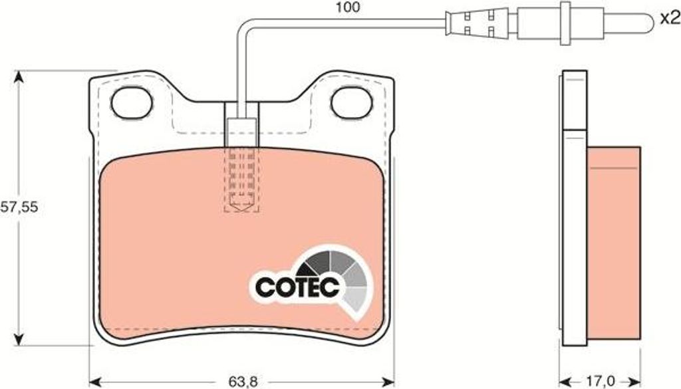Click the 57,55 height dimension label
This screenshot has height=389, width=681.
point(19,207)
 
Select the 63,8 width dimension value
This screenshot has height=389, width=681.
point(243,382)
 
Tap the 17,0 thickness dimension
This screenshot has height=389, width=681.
point(600,382)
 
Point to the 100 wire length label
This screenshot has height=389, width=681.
point(348,7)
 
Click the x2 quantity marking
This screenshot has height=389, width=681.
point(669,18)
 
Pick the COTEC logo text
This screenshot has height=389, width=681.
point(297,287)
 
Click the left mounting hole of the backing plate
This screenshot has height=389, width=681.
point(132,103)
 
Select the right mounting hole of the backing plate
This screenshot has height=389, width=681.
point(352,103)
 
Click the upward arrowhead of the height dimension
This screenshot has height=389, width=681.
point(18,77)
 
